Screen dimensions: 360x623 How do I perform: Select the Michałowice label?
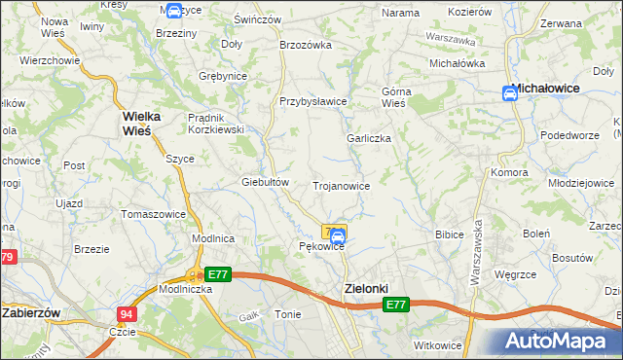click(546, 88)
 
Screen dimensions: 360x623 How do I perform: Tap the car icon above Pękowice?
click(337, 235)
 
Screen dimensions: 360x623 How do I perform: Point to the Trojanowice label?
click(341, 185)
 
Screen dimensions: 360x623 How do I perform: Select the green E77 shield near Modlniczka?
click(218, 275)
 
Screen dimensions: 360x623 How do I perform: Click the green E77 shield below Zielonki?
click(394, 306)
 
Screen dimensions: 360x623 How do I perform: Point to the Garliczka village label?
click(369, 138)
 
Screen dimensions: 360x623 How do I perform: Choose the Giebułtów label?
click(266, 182)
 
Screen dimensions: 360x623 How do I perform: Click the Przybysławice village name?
click(313, 101)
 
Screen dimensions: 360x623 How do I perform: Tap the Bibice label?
click(449, 234)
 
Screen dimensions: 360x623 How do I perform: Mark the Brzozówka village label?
click(306, 45)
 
